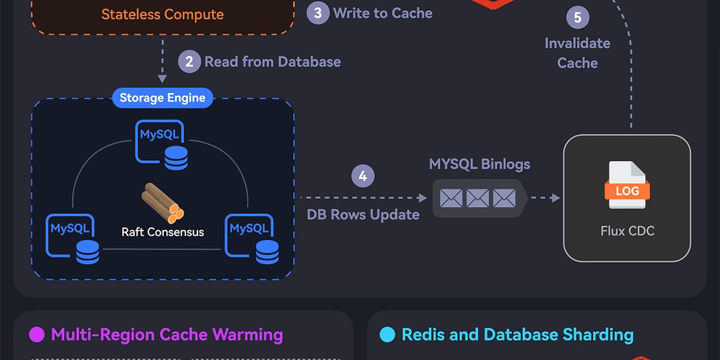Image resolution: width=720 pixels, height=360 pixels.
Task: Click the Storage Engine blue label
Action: click(162, 98)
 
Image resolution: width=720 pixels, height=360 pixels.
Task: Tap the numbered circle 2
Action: click(189, 62)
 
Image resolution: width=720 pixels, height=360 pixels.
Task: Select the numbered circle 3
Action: click(318, 13)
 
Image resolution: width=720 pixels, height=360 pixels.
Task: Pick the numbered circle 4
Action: click(362, 176)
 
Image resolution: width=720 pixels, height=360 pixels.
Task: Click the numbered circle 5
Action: click(577, 17)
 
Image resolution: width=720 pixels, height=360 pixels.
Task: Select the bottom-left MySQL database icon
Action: click(71, 238)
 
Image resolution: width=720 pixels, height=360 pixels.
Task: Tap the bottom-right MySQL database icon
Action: click(250, 238)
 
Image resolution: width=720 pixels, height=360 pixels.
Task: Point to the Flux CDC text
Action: click(627, 231)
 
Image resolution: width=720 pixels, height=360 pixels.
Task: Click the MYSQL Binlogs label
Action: click(479, 164)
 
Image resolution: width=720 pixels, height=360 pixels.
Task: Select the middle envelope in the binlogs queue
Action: click(478, 197)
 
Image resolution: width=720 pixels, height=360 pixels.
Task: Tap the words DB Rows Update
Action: click(363, 215)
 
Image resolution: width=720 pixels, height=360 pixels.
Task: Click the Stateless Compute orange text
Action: click(162, 14)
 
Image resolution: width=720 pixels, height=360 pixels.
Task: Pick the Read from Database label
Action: click(272, 62)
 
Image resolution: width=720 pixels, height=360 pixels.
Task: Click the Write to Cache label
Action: click(382, 13)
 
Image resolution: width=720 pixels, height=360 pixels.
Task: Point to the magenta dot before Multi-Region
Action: click(37, 334)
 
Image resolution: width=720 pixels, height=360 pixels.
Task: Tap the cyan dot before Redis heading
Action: click(387, 334)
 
